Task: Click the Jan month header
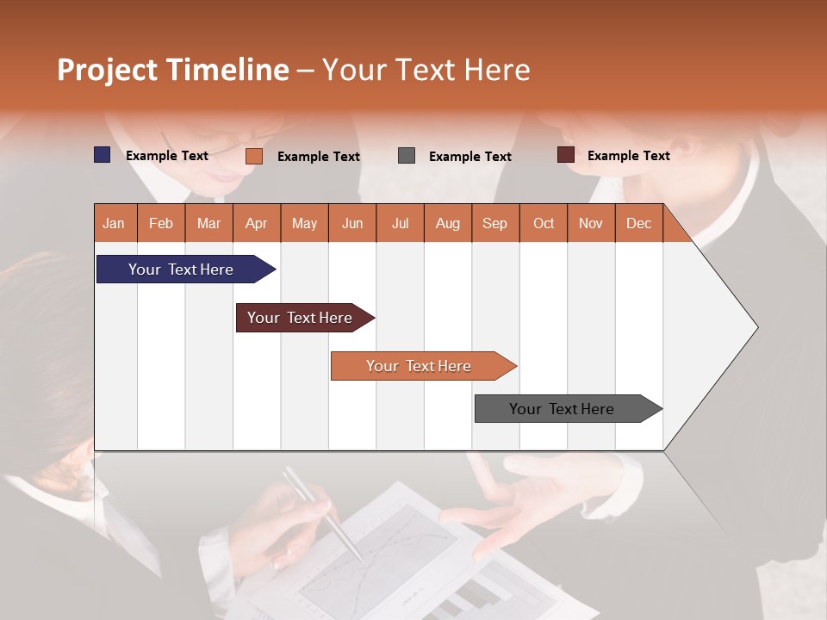click(x=115, y=223)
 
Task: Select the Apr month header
click(x=257, y=223)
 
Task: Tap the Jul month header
click(x=400, y=223)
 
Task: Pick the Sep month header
click(x=494, y=223)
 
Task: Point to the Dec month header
click(x=638, y=223)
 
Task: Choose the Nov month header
click(x=590, y=223)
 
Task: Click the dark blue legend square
click(x=103, y=155)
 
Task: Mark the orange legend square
click(x=253, y=156)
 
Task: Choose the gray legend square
click(x=407, y=156)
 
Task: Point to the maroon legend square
click(x=565, y=155)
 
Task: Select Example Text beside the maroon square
click(x=628, y=156)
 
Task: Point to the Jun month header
click(x=352, y=223)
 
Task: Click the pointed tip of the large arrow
click(x=755, y=326)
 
